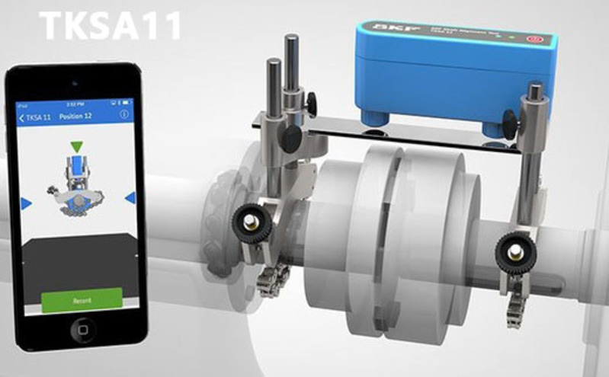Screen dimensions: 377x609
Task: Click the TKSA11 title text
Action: click(x=111, y=24)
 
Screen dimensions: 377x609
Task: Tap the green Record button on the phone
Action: click(x=82, y=300)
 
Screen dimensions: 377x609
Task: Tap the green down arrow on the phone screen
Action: click(x=75, y=145)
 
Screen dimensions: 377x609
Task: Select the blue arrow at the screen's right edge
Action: click(x=130, y=198)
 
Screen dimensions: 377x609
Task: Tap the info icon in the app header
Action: click(x=124, y=114)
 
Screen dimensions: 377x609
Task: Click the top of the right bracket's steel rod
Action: click(x=536, y=88)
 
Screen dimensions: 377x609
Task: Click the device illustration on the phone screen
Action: click(x=76, y=183)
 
